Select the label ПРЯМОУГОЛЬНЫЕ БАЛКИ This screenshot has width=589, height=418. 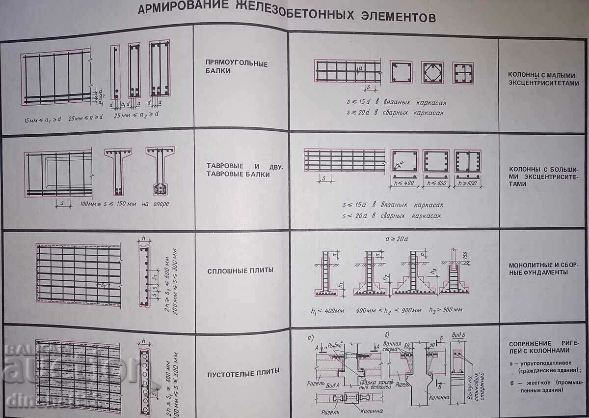coord(236,67)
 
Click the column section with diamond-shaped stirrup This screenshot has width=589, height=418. coord(432,72)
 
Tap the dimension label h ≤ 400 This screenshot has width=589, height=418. coord(404,182)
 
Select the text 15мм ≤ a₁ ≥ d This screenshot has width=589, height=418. coord(43,120)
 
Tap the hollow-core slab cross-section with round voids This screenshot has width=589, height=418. coord(145,375)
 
